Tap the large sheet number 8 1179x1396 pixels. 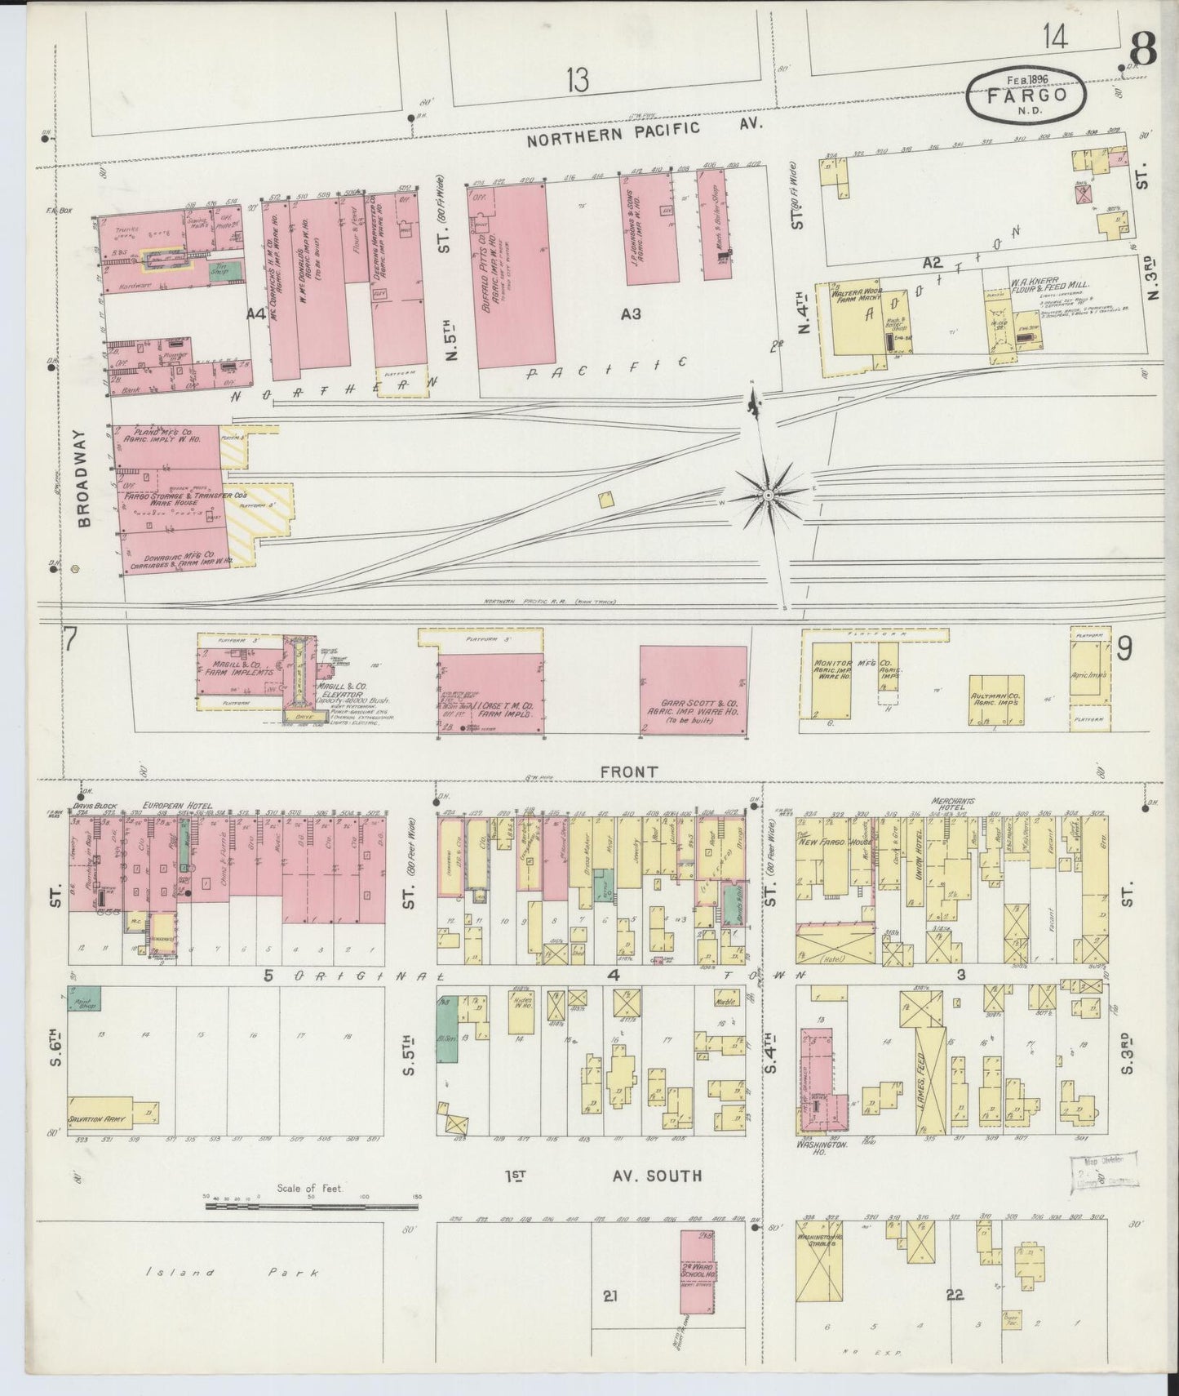1142,51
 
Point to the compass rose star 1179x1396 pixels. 768,496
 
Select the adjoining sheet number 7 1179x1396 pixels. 71,641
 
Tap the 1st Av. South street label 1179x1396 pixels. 603,1176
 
